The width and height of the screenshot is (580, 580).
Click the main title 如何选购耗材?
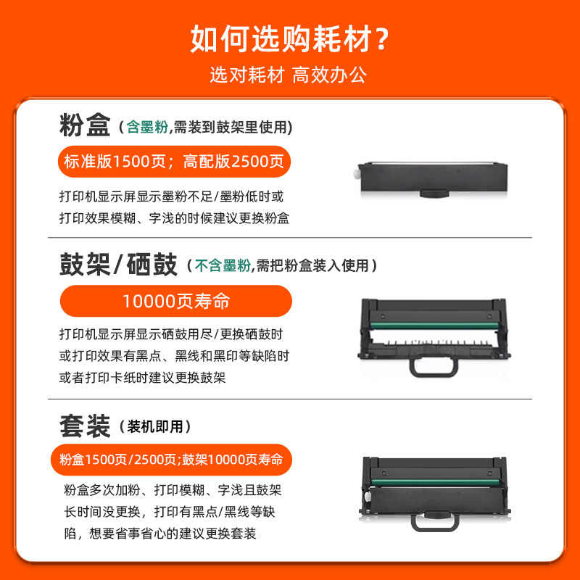click(x=289, y=39)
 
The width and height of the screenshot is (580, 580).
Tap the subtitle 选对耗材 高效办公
click(x=289, y=75)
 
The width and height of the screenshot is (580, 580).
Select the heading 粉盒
click(x=85, y=125)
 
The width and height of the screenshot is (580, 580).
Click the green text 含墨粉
click(x=147, y=128)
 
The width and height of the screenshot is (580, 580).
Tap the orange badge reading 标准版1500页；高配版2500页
click(x=174, y=162)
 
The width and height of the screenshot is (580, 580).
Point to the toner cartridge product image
click(x=432, y=180)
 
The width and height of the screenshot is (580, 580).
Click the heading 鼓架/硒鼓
click(x=118, y=265)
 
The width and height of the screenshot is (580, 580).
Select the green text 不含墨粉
click(x=223, y=265)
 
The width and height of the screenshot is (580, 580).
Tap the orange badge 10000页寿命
click(x=176, y=301)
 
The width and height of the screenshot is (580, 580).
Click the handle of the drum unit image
click(x=433, y=374)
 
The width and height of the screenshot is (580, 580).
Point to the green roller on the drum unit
click(x=434, y=326)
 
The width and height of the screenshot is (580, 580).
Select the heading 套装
click(x=85, y=426)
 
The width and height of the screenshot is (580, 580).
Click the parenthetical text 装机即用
click(x=155, y=427)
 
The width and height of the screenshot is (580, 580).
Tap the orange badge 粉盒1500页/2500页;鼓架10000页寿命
click(x=171, y=460)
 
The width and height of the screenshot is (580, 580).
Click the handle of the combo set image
click(x=434, y=525)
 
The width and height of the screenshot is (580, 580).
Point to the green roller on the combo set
click(x=435, y=482)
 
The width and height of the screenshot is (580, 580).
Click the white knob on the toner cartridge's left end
click(x=356, y=173)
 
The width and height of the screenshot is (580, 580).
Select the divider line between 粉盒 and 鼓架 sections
click(x=290, y=238)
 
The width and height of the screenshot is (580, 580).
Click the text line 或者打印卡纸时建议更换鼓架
click(x=142, y=378)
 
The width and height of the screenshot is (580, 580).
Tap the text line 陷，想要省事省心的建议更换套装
click(x=160, y=534)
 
